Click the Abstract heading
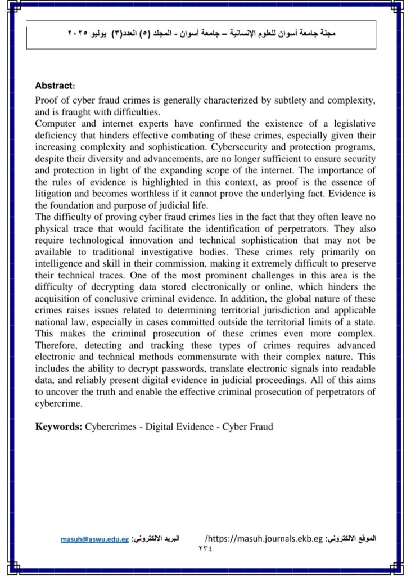(x=55, y=86)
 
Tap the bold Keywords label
(x=58, y=426)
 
